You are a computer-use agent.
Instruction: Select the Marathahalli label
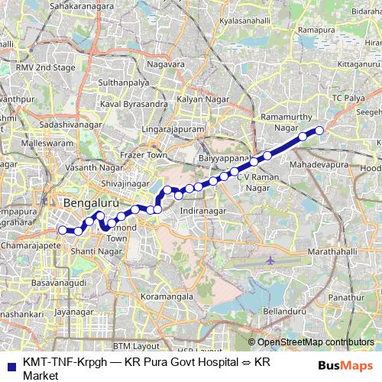coord(327,251)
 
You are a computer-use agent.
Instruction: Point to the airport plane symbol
coord(271,261)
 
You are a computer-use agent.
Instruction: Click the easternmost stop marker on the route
coord(319,131)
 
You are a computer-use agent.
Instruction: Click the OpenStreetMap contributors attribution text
coord(315,342)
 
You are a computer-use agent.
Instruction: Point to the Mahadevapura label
coord(319,164)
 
